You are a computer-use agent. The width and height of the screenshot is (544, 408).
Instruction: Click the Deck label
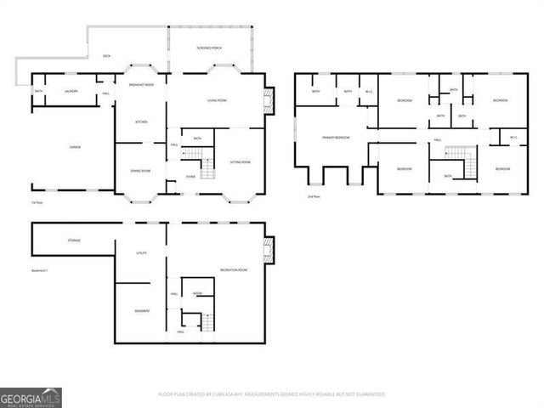107,56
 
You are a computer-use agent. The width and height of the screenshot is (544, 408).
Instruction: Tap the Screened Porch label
209,47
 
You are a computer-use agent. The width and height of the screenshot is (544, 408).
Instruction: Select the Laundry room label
72,92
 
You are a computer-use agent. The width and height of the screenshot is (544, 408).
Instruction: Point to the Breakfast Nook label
141,85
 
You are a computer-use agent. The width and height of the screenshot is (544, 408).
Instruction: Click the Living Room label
217,101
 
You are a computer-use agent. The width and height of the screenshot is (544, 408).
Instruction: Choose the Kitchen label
141,122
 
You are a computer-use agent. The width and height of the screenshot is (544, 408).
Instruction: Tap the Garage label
75,147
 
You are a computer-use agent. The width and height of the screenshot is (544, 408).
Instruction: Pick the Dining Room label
141,171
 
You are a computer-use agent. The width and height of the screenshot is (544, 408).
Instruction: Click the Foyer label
191,177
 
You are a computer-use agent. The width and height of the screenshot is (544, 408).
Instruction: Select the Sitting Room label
241,161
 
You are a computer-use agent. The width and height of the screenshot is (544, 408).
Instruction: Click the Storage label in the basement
74,241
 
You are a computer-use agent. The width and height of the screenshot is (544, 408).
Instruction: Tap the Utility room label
142,253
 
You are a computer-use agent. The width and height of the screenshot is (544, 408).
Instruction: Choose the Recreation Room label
233,269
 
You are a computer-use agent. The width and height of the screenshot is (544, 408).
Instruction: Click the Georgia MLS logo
31,397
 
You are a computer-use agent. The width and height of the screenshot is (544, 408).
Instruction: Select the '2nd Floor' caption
314,195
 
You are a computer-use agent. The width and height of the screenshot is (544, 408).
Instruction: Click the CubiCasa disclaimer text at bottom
271,394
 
